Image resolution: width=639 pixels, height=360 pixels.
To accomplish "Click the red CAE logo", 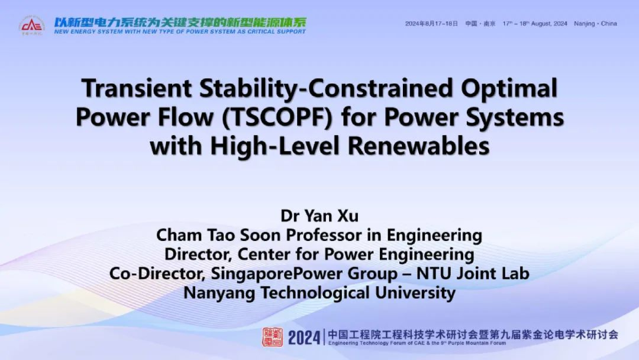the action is click(31, 25).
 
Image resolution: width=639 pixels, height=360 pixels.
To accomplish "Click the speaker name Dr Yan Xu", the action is click(319, 216).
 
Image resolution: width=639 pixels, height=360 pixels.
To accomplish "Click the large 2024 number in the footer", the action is click(304, 337).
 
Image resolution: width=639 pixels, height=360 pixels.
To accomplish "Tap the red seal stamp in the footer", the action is click(272, 337).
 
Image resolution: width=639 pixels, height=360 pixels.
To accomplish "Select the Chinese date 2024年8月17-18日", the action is click(431, 24).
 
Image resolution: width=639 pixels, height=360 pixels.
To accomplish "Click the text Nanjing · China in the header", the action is click(595, 24).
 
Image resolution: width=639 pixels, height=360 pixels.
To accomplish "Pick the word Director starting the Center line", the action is click(198, 255).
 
